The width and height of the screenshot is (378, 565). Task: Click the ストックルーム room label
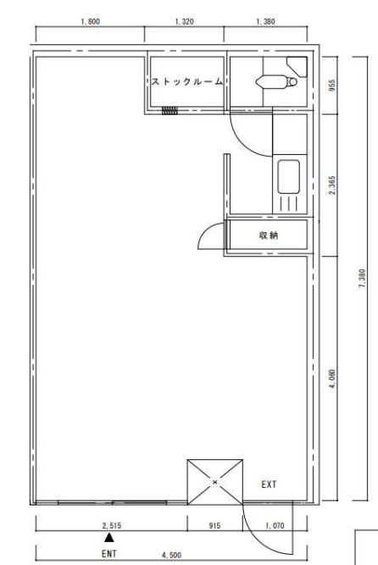pos(186,82)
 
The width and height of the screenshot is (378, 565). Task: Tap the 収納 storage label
pos(269,235)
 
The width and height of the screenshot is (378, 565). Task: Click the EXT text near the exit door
pos(269,485)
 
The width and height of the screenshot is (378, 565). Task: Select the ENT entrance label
pos(109,553)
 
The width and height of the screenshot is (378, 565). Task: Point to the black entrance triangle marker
pos(109,538)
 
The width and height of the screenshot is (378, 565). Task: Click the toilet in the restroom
pos(276,81)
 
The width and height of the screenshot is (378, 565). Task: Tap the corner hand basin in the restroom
pos(297,66)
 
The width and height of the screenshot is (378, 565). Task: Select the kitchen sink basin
pos(288,177)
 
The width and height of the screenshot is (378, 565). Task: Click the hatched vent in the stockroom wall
pos(170,110)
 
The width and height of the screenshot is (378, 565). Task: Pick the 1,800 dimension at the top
pos(90,22)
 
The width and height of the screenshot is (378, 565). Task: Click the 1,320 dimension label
pos(184,22)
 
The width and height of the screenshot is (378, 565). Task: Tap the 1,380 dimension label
pos(265,22)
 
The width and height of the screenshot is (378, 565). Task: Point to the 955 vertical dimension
pos(332,85)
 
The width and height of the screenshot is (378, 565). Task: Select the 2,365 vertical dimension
pos(332,186)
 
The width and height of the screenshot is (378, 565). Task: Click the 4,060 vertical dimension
pos(332,379)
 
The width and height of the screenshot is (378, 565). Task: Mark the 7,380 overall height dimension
pos(362,278)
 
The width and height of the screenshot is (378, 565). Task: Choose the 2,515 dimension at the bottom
pos(112,526)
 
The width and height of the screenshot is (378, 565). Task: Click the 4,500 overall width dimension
pos(172,555)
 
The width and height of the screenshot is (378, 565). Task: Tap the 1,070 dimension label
pos(275,526)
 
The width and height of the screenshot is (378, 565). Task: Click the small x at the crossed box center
pos(215,482)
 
